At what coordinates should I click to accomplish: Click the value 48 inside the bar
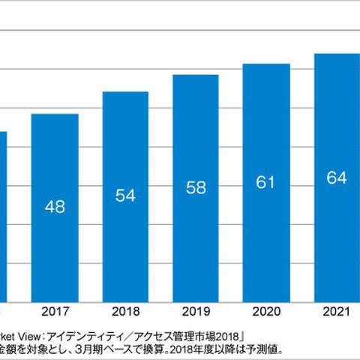coord(54,206)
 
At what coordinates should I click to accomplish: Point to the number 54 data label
coord(125,195)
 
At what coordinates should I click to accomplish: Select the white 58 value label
coord(195,188)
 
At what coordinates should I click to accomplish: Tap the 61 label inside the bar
coord(266,182)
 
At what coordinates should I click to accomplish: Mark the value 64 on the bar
coord(336,178)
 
